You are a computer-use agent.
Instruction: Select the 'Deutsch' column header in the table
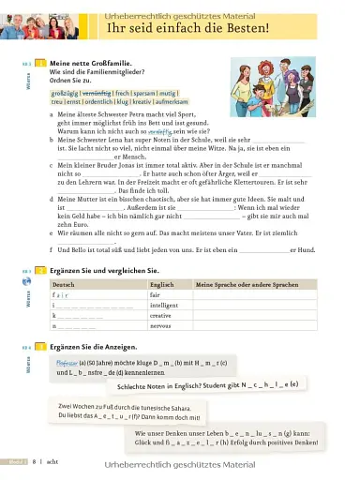point(64,283)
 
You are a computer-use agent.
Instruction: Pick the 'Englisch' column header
point(161,283)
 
